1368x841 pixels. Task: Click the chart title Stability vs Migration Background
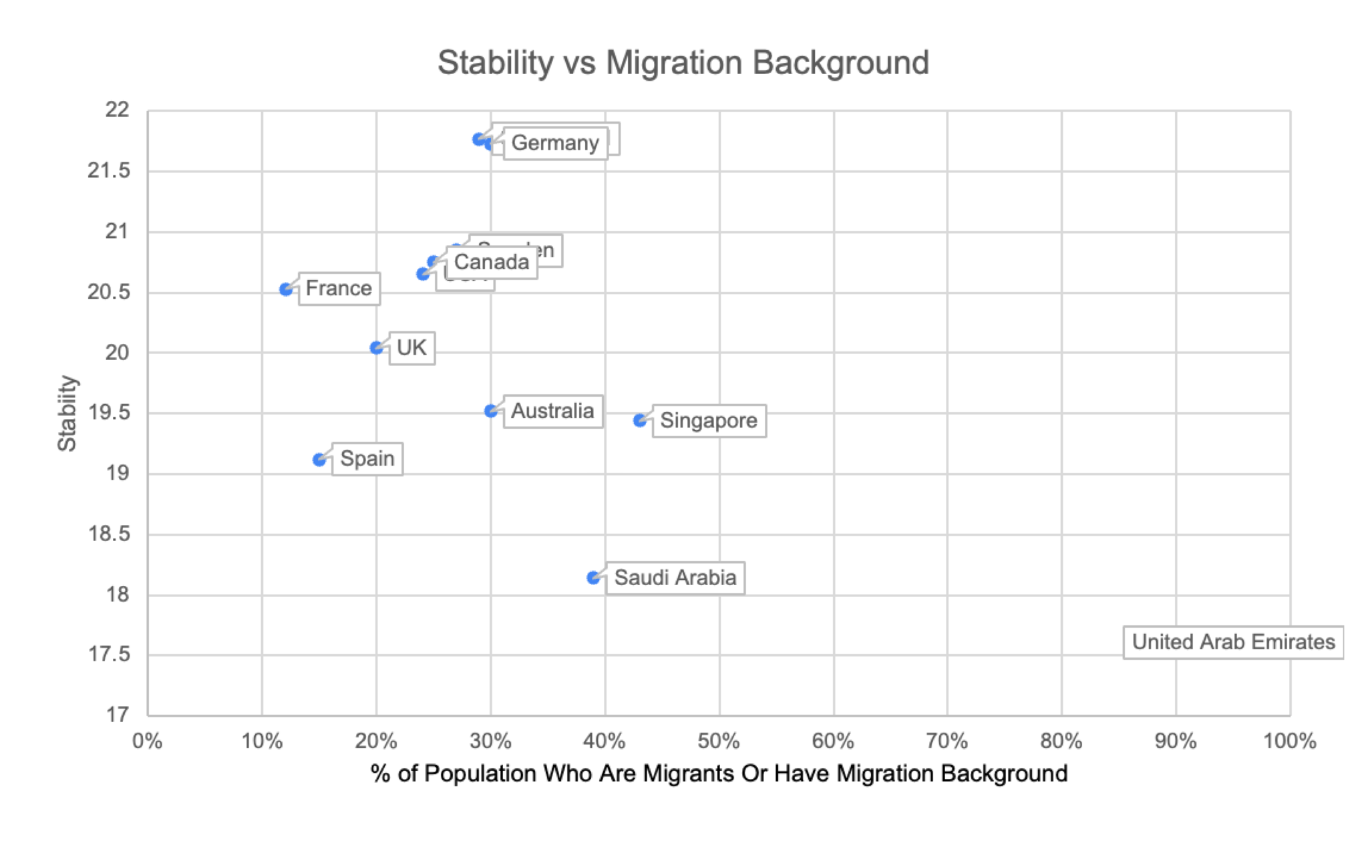click(x=683, y=63)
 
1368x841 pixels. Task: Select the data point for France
click(x=286, y=289)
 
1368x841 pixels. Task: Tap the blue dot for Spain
click(x=319, y=460)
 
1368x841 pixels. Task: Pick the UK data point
click(x=377, y=348)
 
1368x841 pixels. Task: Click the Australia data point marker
click(x=491, y=411)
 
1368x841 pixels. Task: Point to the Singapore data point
click(x=640, y=420)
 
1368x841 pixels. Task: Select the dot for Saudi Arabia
click(x=593, y=577)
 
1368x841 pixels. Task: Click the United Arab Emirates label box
click(x=1233, y=642)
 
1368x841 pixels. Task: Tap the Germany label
click(x=555, y=143)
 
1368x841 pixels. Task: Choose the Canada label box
click(x=492, y=262)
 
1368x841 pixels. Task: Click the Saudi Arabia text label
click(x=675, y=578)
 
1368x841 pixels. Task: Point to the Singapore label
click(x=709, y=421)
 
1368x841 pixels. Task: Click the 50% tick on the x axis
click(x=719, y=741)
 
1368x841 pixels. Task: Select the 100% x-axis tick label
click(x=1289, y=741)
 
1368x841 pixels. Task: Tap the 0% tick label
click(x=148, y=741)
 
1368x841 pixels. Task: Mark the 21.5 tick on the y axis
click(x=109, y=171)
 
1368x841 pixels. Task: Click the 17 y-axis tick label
click(x=118, y=715)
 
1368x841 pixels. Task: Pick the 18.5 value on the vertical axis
click(x=109, y=534)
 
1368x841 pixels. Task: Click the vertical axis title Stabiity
click(x=67, y=413)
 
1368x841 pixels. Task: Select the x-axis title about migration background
click(x=719, y=774)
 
